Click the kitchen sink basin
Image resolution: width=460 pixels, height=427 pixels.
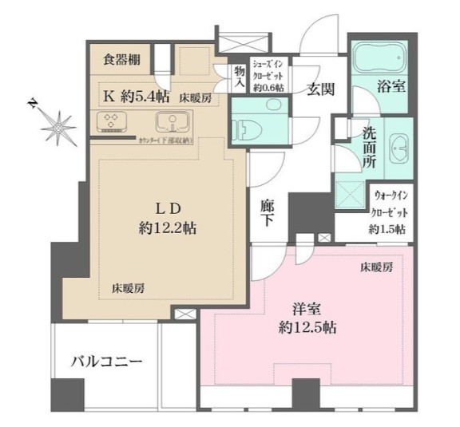pyautogui.click(x=171, y=123)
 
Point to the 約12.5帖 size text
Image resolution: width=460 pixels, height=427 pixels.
pyautogui.click(x=306, y=327)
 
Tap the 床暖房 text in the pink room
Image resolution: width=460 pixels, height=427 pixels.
pyautogui.click(x=375, y=268)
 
